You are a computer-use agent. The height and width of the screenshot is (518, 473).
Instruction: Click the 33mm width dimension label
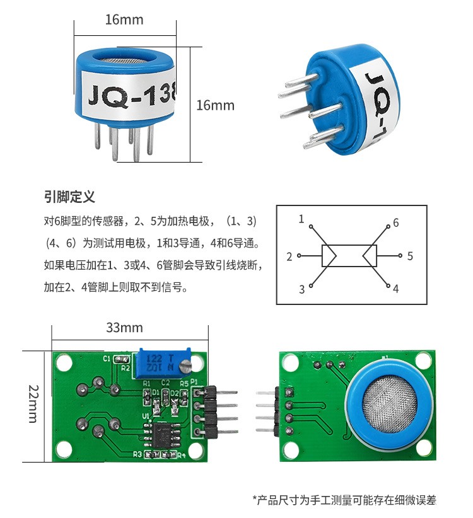124,328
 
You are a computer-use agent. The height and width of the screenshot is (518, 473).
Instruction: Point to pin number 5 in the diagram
410,256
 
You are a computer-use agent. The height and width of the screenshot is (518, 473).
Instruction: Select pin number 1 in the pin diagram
301,219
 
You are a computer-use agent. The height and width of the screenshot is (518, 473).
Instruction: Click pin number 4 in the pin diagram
396,289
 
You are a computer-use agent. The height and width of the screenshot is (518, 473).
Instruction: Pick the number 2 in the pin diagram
289,256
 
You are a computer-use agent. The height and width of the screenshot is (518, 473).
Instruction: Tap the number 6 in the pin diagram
396,222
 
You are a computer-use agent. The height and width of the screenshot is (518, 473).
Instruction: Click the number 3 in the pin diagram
302,289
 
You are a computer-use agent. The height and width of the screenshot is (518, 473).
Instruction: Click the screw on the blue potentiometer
185,365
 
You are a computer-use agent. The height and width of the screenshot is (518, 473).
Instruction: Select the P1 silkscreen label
194,383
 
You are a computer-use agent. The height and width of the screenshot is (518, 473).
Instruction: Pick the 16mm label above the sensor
124,20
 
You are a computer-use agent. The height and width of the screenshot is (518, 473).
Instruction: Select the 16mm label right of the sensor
215,105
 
